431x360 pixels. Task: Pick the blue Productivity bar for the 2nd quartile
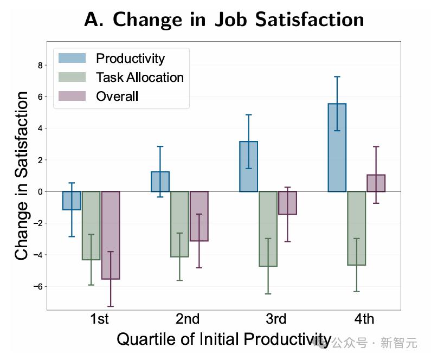(160, 182)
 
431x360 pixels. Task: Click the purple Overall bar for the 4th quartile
(376, 183)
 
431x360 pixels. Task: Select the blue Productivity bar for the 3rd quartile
(248, 166)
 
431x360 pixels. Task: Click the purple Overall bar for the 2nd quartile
(199, 216)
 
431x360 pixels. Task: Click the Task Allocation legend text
(140, 77)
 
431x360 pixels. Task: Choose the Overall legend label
(117, 97)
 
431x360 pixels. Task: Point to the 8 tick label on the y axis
(39, 65)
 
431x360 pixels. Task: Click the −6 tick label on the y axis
(37, 286)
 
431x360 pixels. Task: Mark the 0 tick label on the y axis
(39, 191)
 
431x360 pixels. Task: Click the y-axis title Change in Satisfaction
(22, 176)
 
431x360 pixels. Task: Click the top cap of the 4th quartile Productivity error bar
(337, 76)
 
